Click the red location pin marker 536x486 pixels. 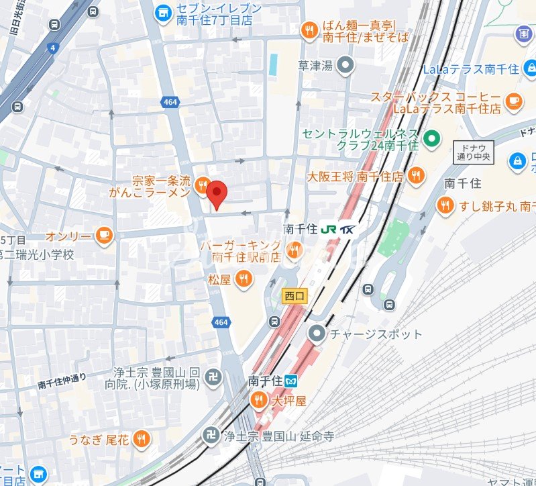coord(217,194)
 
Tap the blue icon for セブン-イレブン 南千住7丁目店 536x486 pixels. coord(162,11)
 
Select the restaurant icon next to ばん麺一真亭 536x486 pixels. coord(309,29)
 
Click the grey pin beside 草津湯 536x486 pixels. coord(345,65)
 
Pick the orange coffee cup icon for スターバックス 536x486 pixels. coord(513,101)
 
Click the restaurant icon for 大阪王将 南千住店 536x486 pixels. coord(416,177)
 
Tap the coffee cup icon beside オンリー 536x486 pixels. coord(104,236)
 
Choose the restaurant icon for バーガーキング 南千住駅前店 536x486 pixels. coord(293,252)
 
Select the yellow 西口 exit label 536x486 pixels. coord(294,296)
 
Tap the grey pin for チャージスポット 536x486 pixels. coord(317,334)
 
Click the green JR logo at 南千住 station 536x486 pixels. coord(330,229)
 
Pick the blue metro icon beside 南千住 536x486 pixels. coord(292,381)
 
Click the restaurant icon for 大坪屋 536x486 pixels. coord(258,401)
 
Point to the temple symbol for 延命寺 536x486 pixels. coord(211,435)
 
